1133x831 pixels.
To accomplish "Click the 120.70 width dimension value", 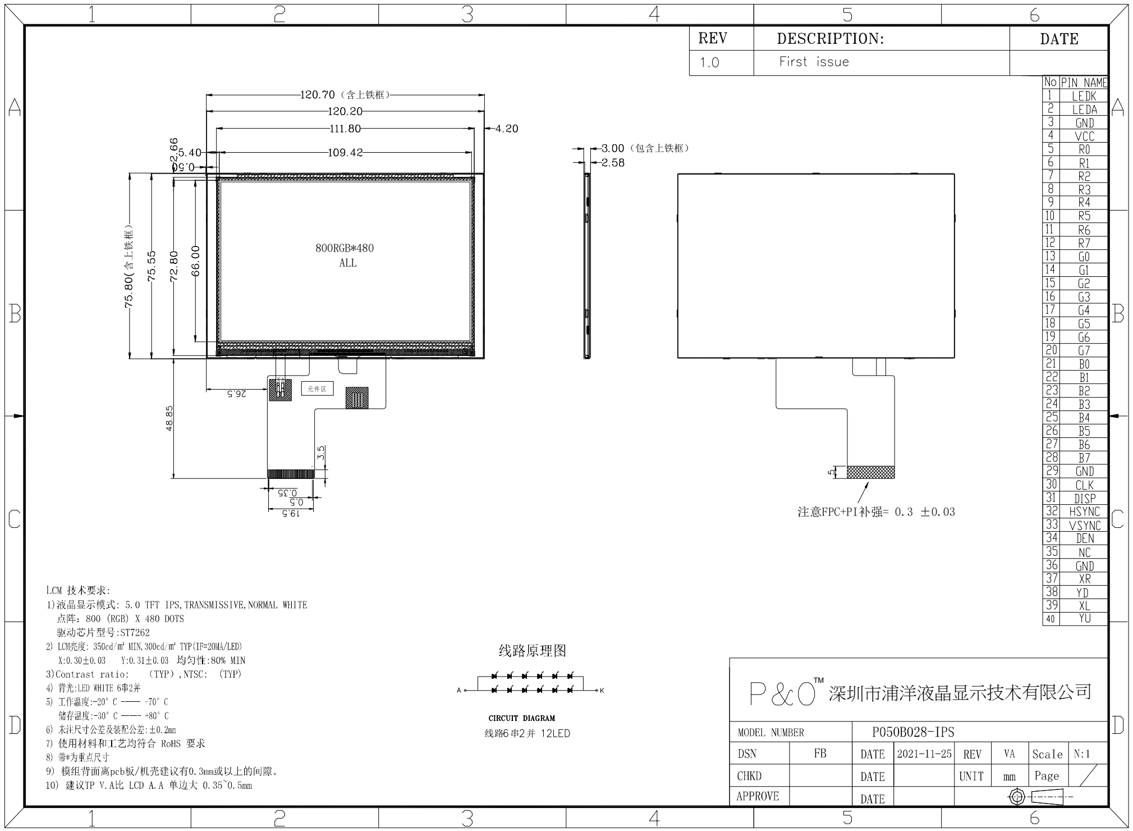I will [x=317, y=95].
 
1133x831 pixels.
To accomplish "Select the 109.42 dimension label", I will [x=345, y=153].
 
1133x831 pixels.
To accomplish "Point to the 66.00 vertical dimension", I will [x=196, y=261].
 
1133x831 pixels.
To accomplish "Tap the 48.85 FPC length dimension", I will [x=169, y=418].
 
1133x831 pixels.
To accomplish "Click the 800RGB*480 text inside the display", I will [x=345, y=248].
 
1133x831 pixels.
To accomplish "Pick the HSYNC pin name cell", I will [x=1084, y=512].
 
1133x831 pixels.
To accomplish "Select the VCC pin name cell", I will [x=1084, y=136].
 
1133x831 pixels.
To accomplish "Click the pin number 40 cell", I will [x=1051, y=619].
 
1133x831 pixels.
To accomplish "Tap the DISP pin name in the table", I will [x=1084, y=499].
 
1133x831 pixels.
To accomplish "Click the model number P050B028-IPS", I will [x=913, y=732].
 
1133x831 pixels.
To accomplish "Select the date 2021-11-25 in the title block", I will [x=924, y=754].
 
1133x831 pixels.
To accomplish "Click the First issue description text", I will [x=814, y=62].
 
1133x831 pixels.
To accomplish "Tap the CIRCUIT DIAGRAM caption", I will [x=521, y=718].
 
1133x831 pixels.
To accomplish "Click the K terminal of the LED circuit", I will [x=602, y=691].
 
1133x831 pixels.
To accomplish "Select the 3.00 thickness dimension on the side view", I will [x=612, y=148].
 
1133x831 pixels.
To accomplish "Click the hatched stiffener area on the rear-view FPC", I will [x=870, y=472].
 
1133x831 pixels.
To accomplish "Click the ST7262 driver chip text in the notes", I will [x=135, y=633].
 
